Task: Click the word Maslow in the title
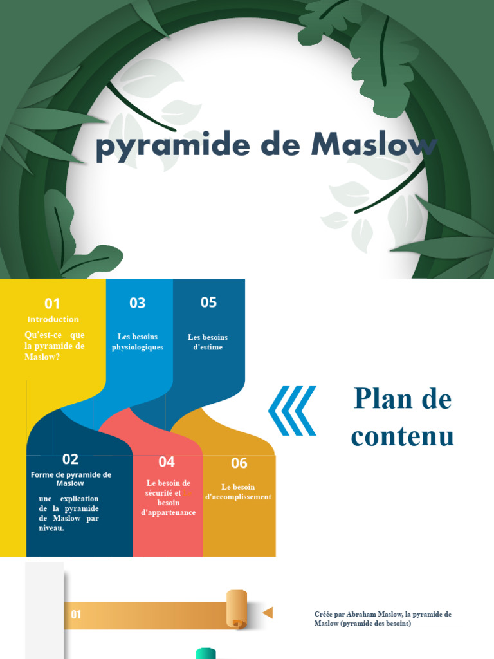[x=373, y=145]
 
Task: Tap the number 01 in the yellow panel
[x=52, y=304]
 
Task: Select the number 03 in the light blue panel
[x=138, y=303]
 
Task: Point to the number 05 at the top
[x=208, y=302]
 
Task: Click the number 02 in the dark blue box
[x=70, y=459]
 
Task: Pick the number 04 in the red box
[x=167, y=461]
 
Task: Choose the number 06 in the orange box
[x=239, y=463]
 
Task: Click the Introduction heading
[x=53, y=319]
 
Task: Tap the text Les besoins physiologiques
[x=138, y=342]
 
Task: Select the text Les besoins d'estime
[x=208, y=342]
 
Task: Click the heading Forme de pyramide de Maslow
[x=71, y=479]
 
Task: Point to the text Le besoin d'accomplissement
[x=238, y=492]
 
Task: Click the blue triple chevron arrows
[x=292, y=411]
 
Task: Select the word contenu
[x=403, y=436]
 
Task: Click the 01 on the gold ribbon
[x=76, y=615]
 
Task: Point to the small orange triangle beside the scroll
[x=268, y=612]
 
